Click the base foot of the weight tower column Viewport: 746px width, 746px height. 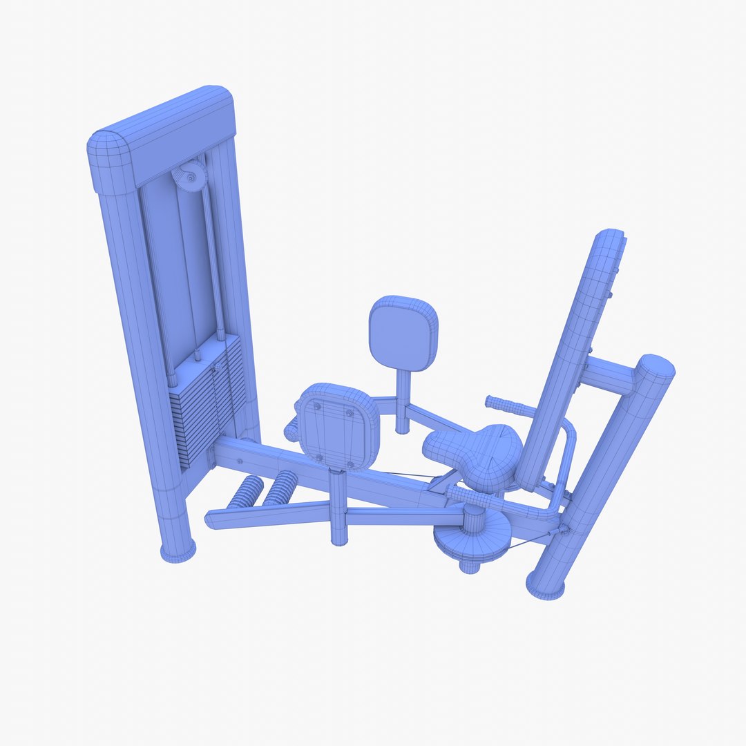pyautogui.click(x=178, y=551)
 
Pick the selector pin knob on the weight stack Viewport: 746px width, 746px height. pyautogui.click(x=216, y=367)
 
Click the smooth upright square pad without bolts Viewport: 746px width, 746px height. pyautogui.click(x=403, y=333)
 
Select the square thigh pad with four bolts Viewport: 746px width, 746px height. pyautogui.click(x=338, y=425)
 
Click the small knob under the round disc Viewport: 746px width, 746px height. pyautogui.click(x=470, y=566)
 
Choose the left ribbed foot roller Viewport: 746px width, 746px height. pyautogui.click(x=245, y=491)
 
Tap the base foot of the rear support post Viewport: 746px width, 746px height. pyautogui.click(x=545, y=587)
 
